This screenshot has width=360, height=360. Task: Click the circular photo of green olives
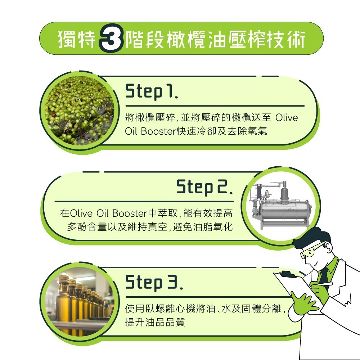pyautogui.click(x=79, y=111)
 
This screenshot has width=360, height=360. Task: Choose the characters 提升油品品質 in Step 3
pyautogui.click(x=155, y=322)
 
